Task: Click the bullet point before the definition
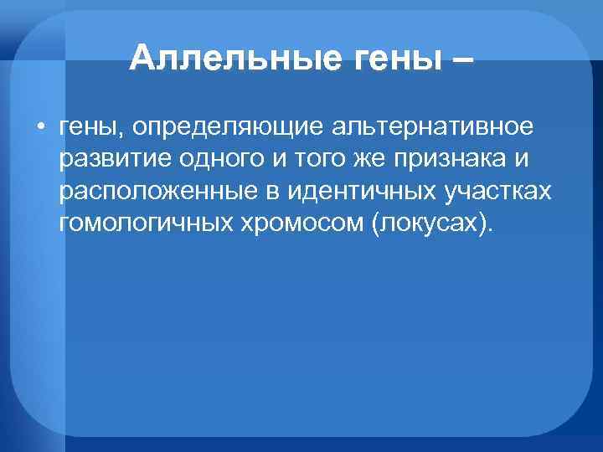point(40,127)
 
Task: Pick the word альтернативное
point(433,128)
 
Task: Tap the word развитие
point(110,160)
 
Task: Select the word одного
point(210,160)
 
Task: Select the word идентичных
point(358,192)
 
